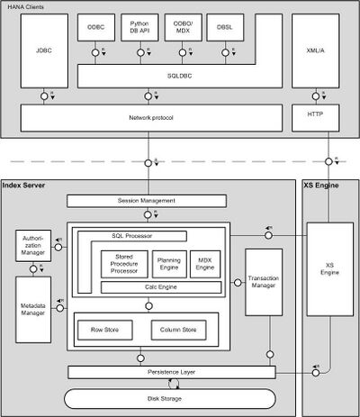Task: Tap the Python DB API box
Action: [x=141, y=30]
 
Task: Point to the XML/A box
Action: [x=316, y=50]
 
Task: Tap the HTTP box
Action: [x=316, y=118]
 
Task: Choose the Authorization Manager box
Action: [x=32, y=245]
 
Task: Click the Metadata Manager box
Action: [x=32, y=309]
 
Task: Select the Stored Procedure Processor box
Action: [x=118, y=263]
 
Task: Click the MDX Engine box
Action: [x=205, y=263]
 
